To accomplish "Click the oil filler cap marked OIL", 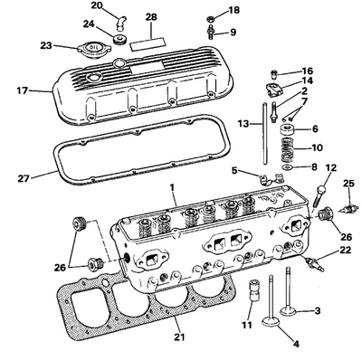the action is tap(90, 48).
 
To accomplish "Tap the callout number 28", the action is tap(151, 17).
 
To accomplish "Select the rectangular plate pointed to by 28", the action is tap(148, 43).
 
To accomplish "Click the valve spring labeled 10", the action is tap(288, 149).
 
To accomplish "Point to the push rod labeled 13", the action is tap(265, 134).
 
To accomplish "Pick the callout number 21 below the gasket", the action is tap(179, 336).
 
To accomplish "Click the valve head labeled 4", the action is tap(271, 321).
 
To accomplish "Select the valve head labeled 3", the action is tap(289, 310).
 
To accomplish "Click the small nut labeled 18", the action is tap(210, 20).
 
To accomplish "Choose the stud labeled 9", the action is tap(210, 33).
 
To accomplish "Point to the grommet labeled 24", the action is tap(120, 39).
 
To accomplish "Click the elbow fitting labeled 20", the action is tap(121, 24).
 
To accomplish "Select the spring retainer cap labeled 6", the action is tap(288, 129).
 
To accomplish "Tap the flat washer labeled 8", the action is tap(288, 167).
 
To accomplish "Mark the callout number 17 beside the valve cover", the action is tap(23, 90).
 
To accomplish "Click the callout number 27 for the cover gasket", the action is tap(24, 179).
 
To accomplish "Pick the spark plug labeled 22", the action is tap(314, 263).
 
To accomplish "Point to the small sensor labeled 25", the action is tap(349, 208).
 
